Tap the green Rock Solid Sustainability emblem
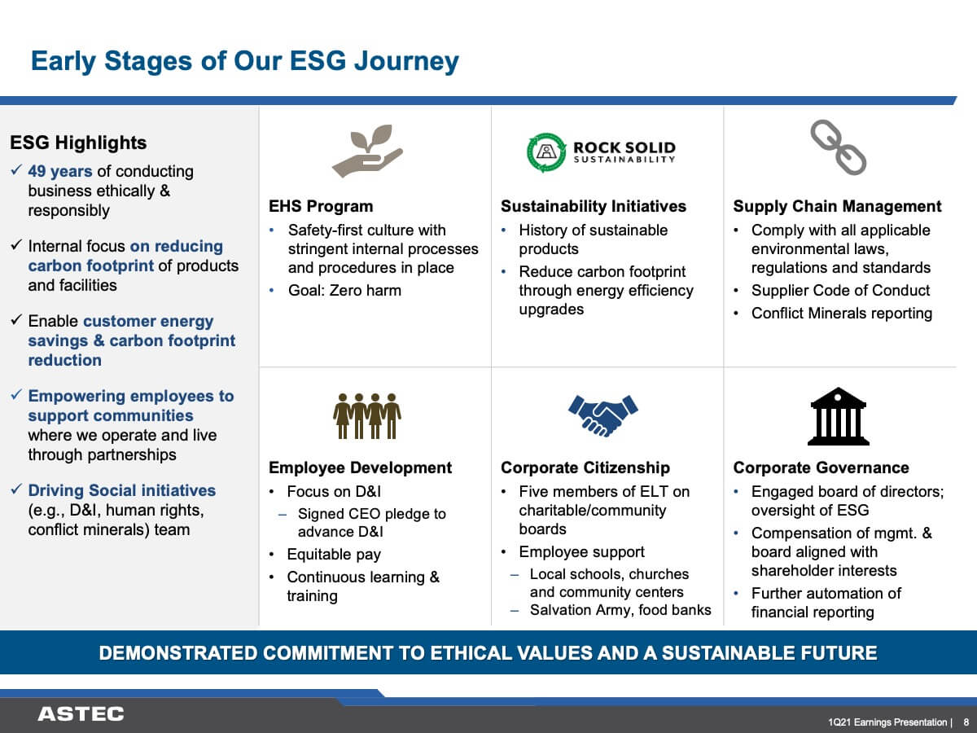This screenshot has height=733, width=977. click(546, 152)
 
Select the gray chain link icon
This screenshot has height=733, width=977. click(838, 147)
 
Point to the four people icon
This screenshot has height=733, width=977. click(366, 416)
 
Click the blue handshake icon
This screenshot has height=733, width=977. click(602, 415)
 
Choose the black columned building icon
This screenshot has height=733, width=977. click(838, 416)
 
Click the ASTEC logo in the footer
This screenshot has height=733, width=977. click(81, 714)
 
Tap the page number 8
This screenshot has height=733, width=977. click(966, 722)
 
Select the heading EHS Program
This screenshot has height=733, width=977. click(321, 206)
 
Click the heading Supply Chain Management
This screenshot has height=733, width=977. click(837, 206)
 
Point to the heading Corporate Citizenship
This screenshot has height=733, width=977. click(585, 467)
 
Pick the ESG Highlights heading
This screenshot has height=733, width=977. click(78, 143)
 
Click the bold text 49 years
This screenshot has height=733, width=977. click(60, 171)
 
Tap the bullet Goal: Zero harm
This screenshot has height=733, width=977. click(344, 290)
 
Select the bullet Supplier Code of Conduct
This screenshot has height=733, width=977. click(840, 290)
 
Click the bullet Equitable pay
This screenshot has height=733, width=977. click(334, 555)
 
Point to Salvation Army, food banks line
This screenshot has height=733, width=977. click(620, 610)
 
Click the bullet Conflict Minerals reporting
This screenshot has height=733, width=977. click(842, 314)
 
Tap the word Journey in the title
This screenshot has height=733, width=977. click(406, 61)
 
